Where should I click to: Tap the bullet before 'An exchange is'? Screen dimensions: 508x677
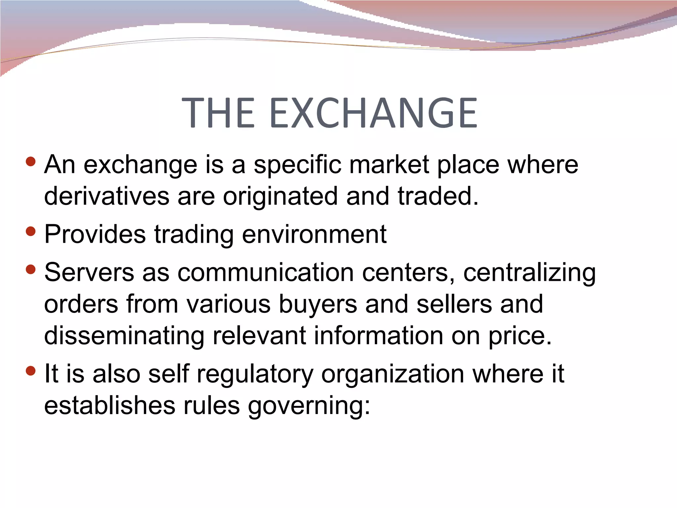click(x=30, y=162)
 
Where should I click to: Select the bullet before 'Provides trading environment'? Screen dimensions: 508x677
click(x=30, y=231)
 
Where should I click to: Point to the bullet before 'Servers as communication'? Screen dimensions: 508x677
click(x=30, y=269)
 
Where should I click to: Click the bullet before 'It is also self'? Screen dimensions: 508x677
click(x=30, y=371)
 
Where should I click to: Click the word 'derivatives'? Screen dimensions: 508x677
click(x=107, y=196)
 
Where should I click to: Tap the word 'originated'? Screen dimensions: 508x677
click(x=280, y=196)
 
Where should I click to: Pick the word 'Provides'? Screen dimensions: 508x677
click(x=95, y=234)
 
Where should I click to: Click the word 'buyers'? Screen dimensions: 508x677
click(x=318, y=304)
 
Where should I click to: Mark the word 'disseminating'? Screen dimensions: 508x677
click(x=124, y=336)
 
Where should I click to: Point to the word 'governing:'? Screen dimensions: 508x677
click(x=309, y=406)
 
